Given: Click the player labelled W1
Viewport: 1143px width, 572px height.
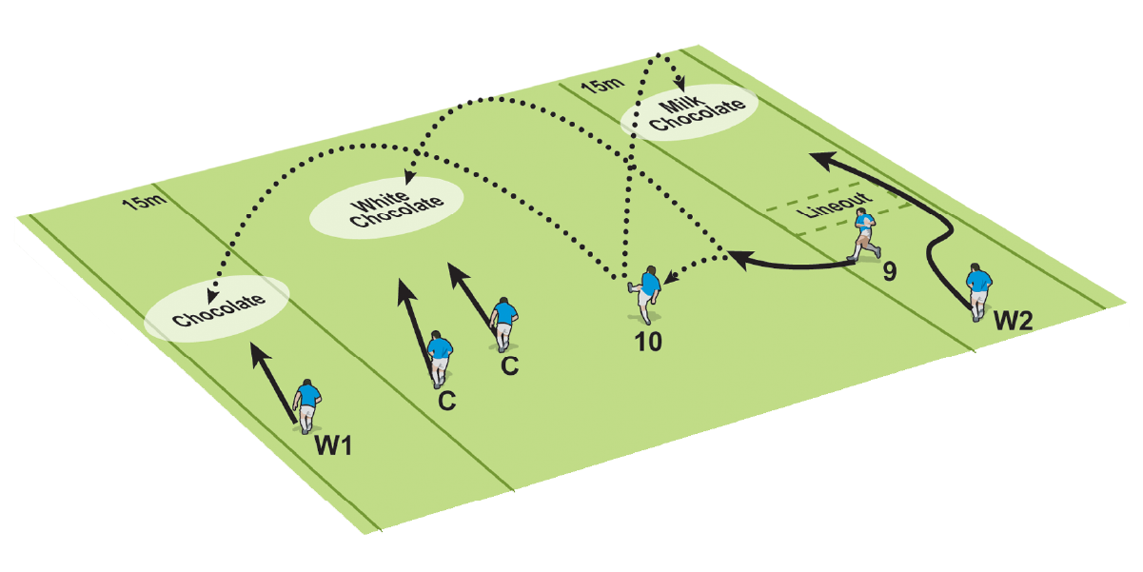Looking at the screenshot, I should [306, 405].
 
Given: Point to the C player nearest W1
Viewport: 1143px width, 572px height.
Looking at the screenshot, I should [439, 358].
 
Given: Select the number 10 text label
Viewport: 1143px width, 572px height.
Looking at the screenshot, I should [649, 339].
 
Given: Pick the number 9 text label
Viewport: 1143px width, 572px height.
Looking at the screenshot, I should [889, 273].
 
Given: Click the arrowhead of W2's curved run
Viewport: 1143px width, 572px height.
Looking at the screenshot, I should [818, 155].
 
